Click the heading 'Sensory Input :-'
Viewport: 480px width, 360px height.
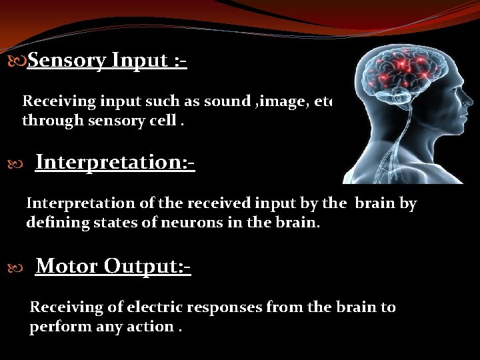(107, 61)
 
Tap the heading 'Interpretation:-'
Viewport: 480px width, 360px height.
(115, 162)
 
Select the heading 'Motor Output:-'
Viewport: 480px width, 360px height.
(113, 266)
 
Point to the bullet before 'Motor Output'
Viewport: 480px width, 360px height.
(19, 267)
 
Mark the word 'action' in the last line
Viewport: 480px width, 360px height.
(158, 327)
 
